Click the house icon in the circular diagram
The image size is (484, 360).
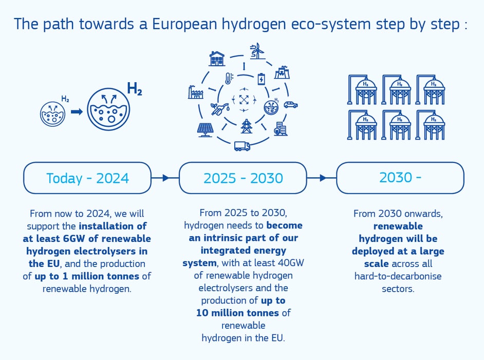[217, 59]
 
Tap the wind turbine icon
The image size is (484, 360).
[256, 51]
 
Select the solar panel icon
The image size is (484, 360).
[205, 129]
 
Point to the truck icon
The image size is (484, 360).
[242, 146]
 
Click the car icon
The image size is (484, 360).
[290, 105]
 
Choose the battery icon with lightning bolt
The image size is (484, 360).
[262, 79]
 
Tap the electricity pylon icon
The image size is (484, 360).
[247, 126]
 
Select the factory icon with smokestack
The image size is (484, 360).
[196, 92]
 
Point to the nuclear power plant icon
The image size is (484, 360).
[282, 72]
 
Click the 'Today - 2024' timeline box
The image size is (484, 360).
[87, 178]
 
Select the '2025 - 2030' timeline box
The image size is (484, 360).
[243, 178]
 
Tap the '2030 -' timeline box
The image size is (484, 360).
[400, 177]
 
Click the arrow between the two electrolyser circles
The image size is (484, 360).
[77, 111]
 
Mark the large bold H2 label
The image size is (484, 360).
[134, 89]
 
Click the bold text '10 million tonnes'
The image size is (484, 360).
[237, 312]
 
